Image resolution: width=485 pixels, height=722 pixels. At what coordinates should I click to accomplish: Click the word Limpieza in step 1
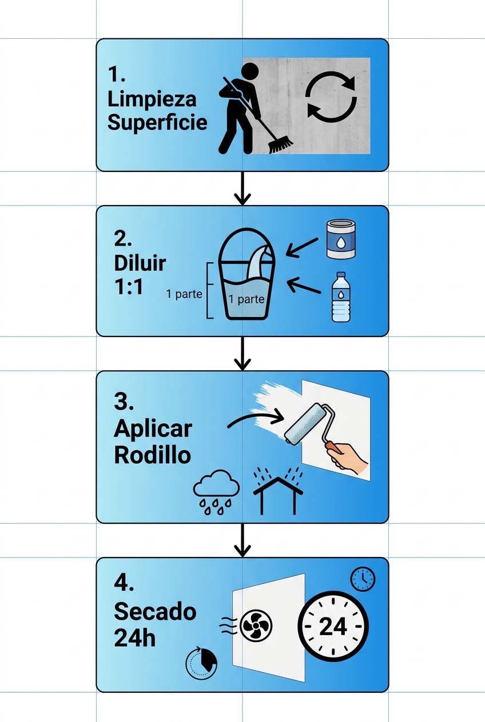click(152, 99)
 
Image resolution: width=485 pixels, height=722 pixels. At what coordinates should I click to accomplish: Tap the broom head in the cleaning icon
click(280, 143)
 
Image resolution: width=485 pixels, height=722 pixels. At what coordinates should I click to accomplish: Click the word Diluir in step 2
click(140, 263)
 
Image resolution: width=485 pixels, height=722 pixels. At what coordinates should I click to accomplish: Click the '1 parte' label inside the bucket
click(246, 299)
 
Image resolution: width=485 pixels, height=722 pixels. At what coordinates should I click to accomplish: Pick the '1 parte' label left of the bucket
click(185, 294)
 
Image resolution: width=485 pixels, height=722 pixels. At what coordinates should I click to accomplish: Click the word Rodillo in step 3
click(152, 455)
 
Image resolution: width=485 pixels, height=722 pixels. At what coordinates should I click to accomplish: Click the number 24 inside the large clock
click(333, 627)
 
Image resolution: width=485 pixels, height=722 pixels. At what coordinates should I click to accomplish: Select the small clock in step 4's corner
click(363, 579)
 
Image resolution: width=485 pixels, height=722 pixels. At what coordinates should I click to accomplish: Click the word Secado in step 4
click(155, 612)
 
